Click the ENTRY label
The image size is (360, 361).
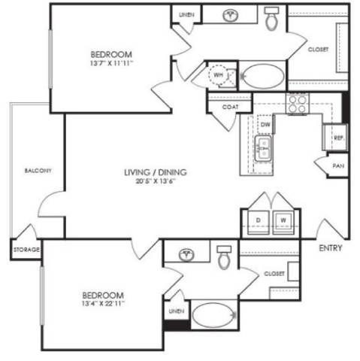click(331, 247)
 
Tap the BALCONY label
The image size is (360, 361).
click(37, 171)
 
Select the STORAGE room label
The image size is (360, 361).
click(26, 249)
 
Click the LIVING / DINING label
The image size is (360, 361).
click(156, 172)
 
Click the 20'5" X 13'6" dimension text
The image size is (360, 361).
click(156, 181)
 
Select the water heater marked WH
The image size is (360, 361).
click(219, 75)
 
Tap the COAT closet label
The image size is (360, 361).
click(230, 106)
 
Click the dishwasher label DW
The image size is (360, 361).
click(265, 123)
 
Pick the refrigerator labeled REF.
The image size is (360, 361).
click(338, 138)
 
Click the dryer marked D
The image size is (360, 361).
click(257, 220)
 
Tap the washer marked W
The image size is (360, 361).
click(284, 220)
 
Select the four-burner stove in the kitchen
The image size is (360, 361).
click(297, 102)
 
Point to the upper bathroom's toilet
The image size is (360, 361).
click(273, 19)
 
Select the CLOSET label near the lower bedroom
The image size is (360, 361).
click(274, 273)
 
